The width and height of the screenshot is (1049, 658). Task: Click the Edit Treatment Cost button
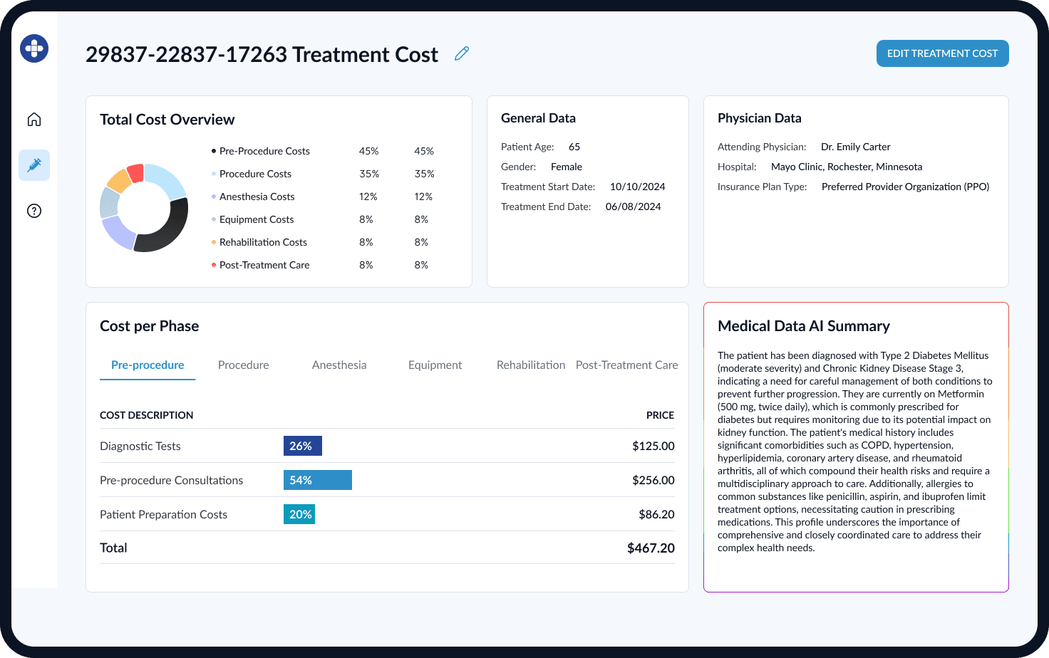click(942, 53)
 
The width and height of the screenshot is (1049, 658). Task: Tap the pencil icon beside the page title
click(462, 53)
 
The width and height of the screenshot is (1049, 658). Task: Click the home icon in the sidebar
click(34, 120)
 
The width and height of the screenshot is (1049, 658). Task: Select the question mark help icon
click(34, 211)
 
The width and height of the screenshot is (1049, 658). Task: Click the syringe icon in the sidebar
click(34, 165)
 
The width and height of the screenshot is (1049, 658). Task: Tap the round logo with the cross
click(34, 48)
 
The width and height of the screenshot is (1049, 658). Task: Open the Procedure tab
click(243, 365)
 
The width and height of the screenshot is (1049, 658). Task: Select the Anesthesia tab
click(339, 365)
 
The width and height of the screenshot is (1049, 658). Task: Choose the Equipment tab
click(435, 365)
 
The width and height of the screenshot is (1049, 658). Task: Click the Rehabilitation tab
click(530, 365)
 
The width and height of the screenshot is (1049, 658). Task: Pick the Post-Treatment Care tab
click(626, 365)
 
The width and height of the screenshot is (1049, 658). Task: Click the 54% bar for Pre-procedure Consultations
click(317, 480)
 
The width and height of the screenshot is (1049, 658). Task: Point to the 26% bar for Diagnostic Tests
click(302, 446)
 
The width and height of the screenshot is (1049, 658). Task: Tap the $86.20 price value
click(656, 514)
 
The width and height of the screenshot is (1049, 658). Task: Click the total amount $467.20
click(651, 548)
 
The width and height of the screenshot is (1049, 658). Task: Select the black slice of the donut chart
click(168, 231)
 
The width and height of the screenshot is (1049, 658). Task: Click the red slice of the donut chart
click(135, 172)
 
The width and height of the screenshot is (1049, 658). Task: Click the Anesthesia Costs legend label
click(257, 197)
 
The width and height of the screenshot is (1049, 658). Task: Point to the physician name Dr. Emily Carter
click(855, 147)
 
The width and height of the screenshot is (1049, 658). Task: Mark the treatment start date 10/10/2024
click(637, 187)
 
